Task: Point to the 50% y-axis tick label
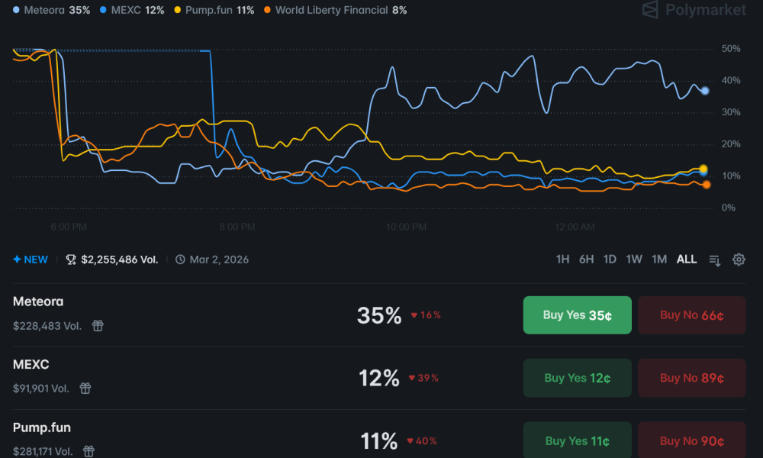pyautogui.click(x=730, y=49)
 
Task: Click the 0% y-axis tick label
pyautogui.click(x=729, y=208)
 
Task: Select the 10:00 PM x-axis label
pyautogui.click(x=406, y=227)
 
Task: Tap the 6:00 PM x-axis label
pyautogui.click(x=69, y=227)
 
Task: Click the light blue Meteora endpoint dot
pyautogui.click(x=705, y=91)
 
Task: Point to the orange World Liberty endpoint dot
pyautogui.click(x=707, y=185)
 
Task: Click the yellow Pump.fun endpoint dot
pyautogui.click(x=703, y=169)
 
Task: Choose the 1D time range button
pyautogui.click(x=610, y=260)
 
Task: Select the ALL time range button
pyautogui.click(x=687, y=260)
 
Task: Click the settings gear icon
pyautogui.click(x=739, y=260)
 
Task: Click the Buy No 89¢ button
pyautogui.click(x=692, y=378)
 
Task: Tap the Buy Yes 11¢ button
pyautogui.click(x=578, y=440)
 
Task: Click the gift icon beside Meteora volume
pyautogui.click(x=98, y=326)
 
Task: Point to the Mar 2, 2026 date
pyautogui.click(x=219, y=260)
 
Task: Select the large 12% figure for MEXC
pyautogui.click(x=379, y=378)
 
